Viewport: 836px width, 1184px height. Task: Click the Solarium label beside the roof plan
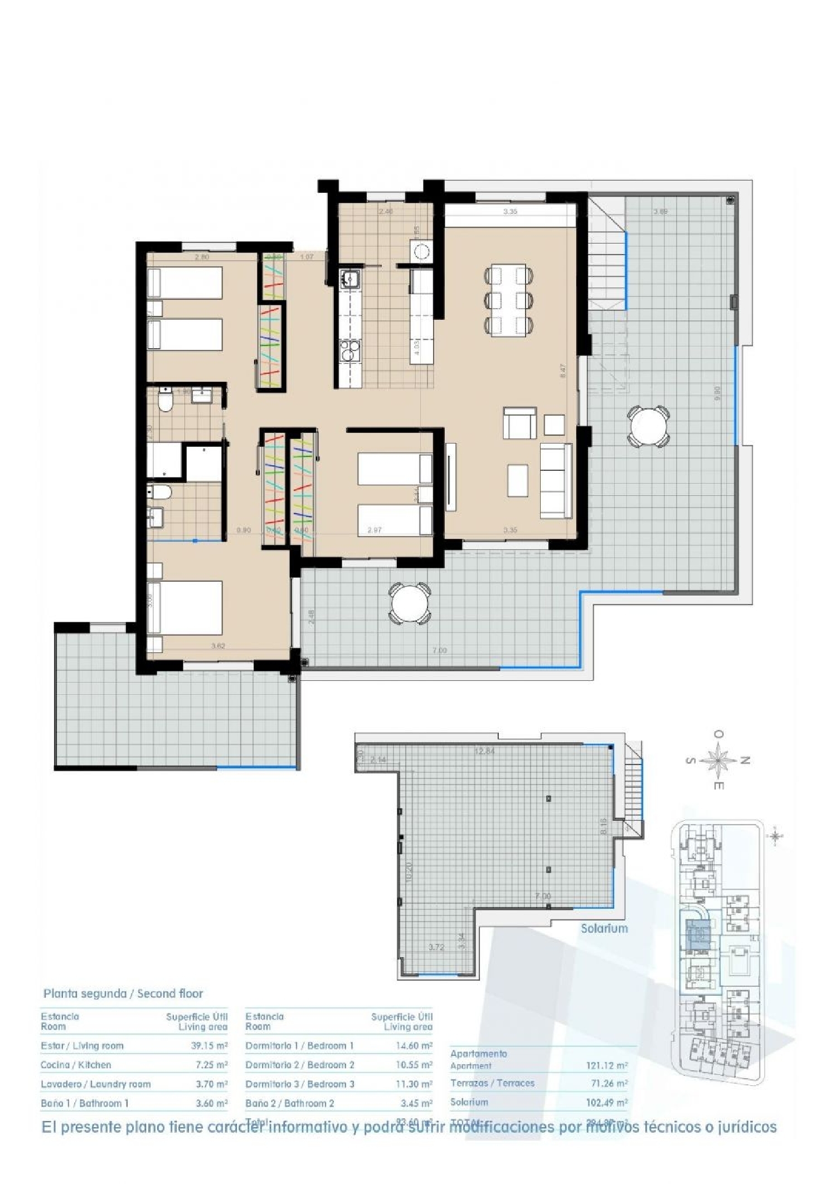604,928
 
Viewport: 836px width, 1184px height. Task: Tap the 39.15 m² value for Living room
209,1046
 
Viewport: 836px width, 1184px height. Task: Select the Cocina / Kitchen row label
76,1065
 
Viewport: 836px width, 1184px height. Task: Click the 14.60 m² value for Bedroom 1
414,1046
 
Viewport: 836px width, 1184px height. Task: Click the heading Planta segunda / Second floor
123,993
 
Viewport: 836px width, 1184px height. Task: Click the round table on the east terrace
648,427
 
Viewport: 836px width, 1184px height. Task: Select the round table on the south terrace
410,603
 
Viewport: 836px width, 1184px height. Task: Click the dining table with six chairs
508,300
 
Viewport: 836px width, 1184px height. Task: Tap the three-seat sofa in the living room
556,480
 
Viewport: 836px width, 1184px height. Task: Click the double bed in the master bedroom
185,608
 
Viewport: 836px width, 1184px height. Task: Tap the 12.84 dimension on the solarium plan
484,751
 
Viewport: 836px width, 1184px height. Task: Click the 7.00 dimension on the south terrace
439,650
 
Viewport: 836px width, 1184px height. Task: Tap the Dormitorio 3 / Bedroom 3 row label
300,1084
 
